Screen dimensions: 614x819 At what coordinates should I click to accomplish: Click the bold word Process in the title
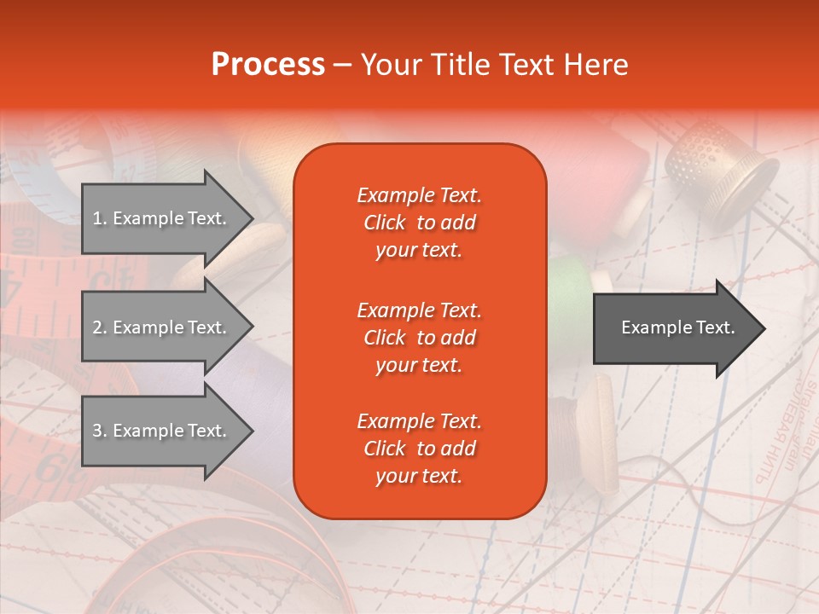[268, 64]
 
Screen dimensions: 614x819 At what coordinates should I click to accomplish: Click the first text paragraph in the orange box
[419, 223]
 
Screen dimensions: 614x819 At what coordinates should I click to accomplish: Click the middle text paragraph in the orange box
[419, 338]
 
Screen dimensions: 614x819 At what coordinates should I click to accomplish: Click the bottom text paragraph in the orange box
[419, 449]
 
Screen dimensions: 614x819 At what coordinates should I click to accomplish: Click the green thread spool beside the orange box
[566, 294]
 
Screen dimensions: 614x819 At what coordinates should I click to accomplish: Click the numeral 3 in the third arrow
[96, 431]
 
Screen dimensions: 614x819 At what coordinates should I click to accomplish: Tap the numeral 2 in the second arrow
[96, 327]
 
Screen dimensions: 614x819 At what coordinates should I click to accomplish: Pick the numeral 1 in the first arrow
[96, 218]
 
